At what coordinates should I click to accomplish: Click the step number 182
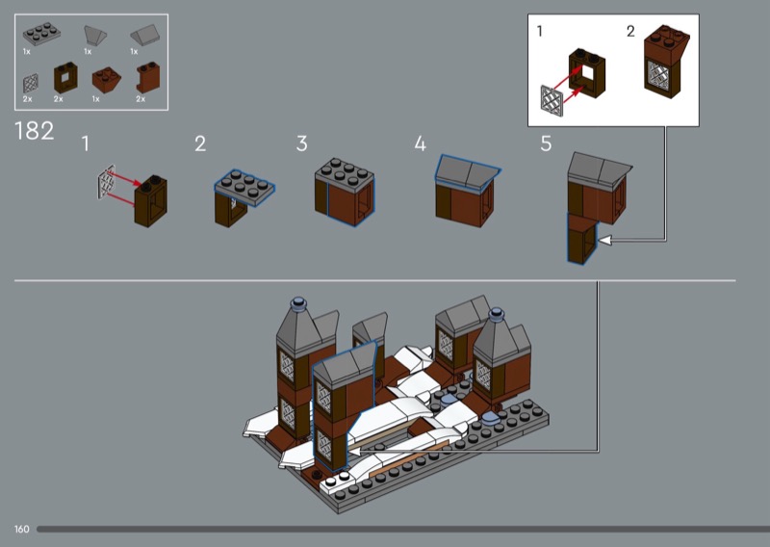35,131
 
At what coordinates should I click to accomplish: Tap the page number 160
21,530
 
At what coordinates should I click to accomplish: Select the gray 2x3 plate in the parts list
41,34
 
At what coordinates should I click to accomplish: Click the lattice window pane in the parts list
31,84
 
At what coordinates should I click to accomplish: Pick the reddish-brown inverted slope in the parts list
106,80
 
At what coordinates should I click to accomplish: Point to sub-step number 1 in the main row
86,144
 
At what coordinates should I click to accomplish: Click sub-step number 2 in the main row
200,144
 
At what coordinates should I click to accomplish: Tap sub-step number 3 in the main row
302,144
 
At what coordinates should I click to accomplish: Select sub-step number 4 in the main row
420,144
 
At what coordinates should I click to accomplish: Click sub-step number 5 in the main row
546,144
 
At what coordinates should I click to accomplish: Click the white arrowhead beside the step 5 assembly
604,241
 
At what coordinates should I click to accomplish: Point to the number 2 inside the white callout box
630,32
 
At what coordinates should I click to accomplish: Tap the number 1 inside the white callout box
540,32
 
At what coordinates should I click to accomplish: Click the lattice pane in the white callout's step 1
551,101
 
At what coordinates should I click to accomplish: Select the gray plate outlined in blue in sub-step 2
244,187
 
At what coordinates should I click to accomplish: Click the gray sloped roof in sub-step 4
467,170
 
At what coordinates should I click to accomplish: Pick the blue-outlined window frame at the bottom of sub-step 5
582,239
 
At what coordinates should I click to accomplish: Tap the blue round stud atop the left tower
299,303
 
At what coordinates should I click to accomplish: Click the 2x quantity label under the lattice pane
28,99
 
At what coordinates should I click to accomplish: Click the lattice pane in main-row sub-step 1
107,182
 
